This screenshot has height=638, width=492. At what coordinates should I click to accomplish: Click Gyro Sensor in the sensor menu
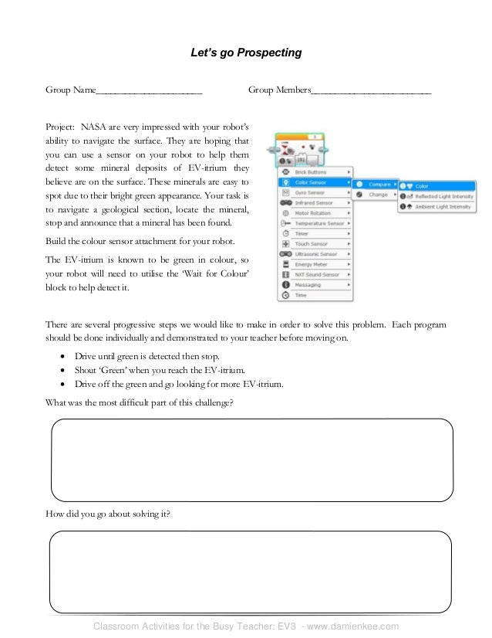click(308, 192)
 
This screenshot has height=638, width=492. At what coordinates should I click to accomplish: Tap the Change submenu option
click(377, 195)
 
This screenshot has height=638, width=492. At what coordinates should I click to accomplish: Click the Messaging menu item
click(308, 285)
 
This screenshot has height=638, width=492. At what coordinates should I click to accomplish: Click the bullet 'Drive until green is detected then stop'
click(147, 356)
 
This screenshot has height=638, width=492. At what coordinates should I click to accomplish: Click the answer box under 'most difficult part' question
click(251, 460)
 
